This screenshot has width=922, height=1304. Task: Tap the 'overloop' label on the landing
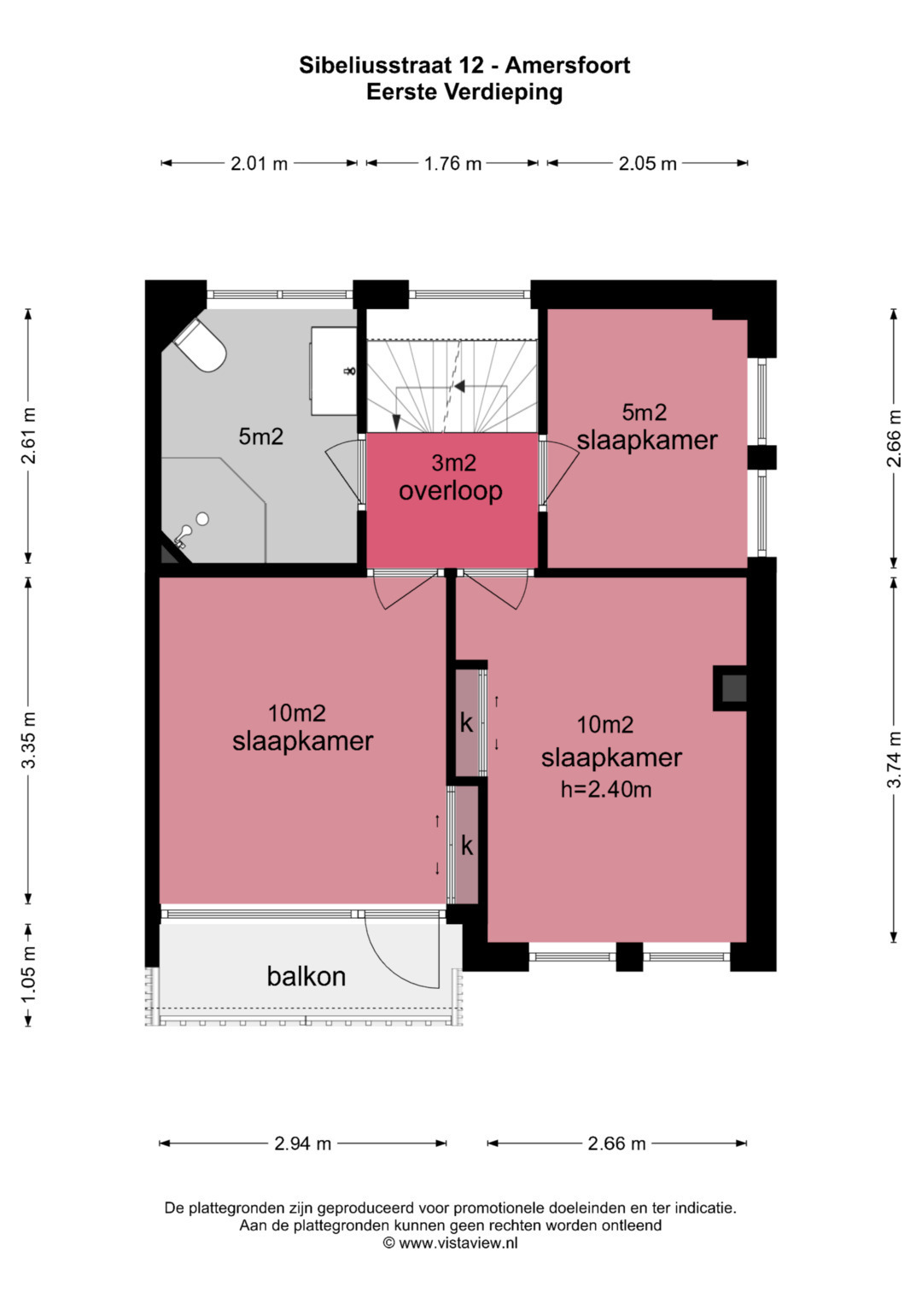tap(451, 491)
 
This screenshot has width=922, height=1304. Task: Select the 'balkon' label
tap(306, 976)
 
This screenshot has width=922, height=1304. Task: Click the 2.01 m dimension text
tap(259, 164)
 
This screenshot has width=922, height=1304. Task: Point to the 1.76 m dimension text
tap(452, 164)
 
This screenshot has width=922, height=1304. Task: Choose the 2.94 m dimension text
tap(303, 1143)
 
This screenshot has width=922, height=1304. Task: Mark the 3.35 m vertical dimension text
tap(28, 740)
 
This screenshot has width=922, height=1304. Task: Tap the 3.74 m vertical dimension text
tap(894, 759)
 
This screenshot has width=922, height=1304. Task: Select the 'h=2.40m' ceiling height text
tap(605, 789)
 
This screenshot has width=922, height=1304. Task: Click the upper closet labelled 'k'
tap(466, 723)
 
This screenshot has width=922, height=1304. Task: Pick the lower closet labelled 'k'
tap(466, 845)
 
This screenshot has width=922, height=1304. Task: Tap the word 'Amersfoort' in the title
tap(567, 65)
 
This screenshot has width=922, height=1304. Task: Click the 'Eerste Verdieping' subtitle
tap(464, 92)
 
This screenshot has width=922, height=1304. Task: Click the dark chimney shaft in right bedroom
tap(734, 688)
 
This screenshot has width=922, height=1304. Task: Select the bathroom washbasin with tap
tap(334, 371)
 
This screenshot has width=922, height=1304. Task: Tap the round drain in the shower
tap(202, 518)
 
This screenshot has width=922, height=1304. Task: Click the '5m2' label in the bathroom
tap(260, 436)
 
